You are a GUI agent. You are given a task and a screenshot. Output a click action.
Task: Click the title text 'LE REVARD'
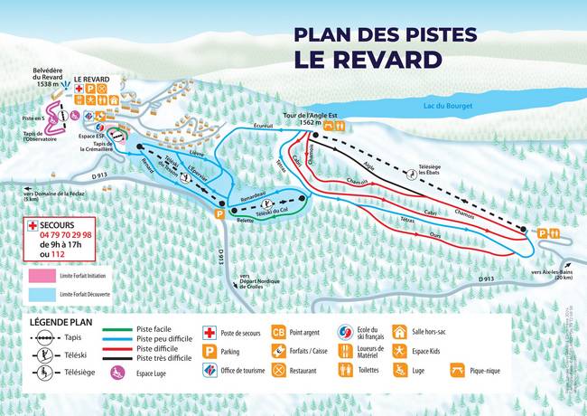pyautogui.click(x=367, y=60)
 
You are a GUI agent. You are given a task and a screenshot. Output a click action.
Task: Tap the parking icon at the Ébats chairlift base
pyautogui.click(x=542, y=232)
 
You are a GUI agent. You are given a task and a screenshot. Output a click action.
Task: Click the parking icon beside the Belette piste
pyautogui.click(x=218, y=214)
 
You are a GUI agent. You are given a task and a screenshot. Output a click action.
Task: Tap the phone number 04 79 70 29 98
pyautogui.click(x=75, y=233)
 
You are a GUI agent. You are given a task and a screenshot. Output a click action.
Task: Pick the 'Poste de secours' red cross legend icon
pyautogui.click(x=207, y=333)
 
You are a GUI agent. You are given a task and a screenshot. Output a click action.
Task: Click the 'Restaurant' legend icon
pyautogui.click(x=279, y=370)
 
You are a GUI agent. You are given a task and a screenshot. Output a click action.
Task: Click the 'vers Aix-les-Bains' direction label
pyautogui.click(x=552, y=273)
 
